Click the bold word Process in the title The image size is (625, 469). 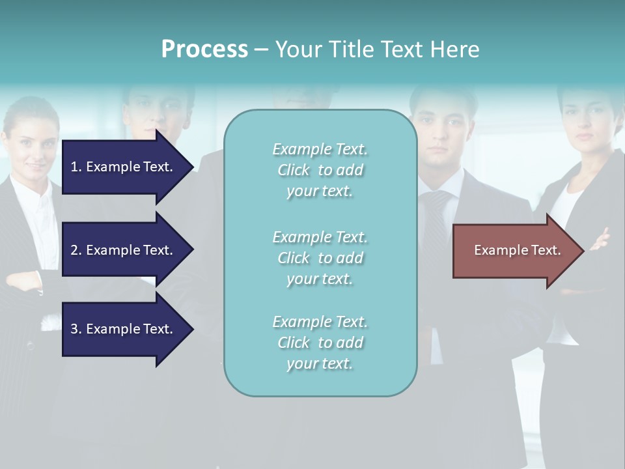[x=204, y=50]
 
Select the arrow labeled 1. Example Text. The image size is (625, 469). [x=121, y=167]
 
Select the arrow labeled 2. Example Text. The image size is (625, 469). [x=121, y=250]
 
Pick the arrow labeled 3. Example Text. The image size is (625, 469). [x=121, y=329]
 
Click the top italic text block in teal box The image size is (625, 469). [x=320, y=170]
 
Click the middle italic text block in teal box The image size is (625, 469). [x=320, y=258]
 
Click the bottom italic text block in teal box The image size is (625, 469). [x=320, y=343]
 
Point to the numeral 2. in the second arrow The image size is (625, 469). [x=76, y=250]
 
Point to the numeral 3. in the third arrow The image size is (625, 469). [x=76, y=329]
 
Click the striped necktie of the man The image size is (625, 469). [x=435, y=221]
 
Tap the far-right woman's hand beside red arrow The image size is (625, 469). [x=600, y=239]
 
